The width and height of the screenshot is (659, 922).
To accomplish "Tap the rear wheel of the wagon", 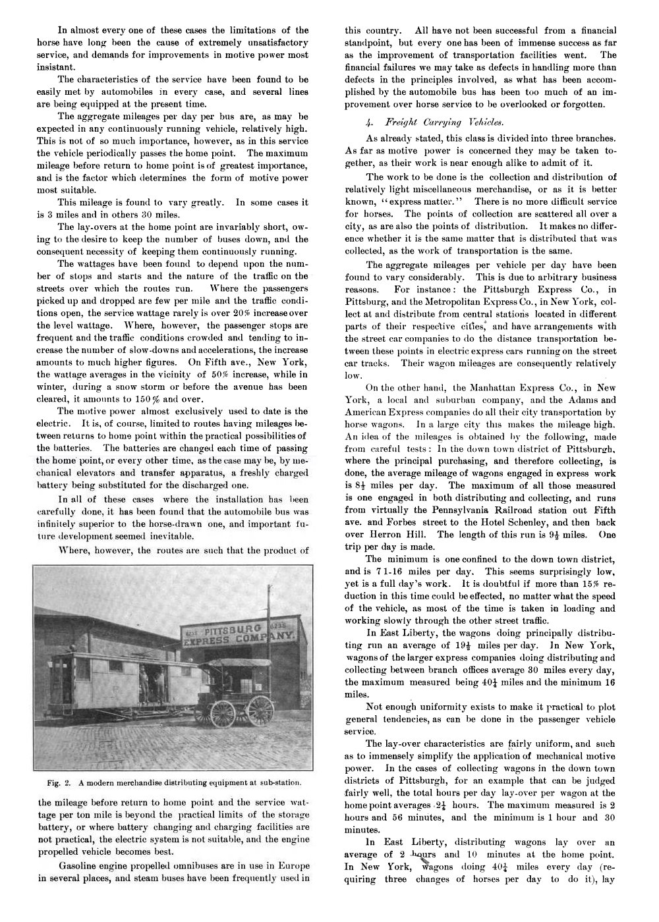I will pos(260,710).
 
